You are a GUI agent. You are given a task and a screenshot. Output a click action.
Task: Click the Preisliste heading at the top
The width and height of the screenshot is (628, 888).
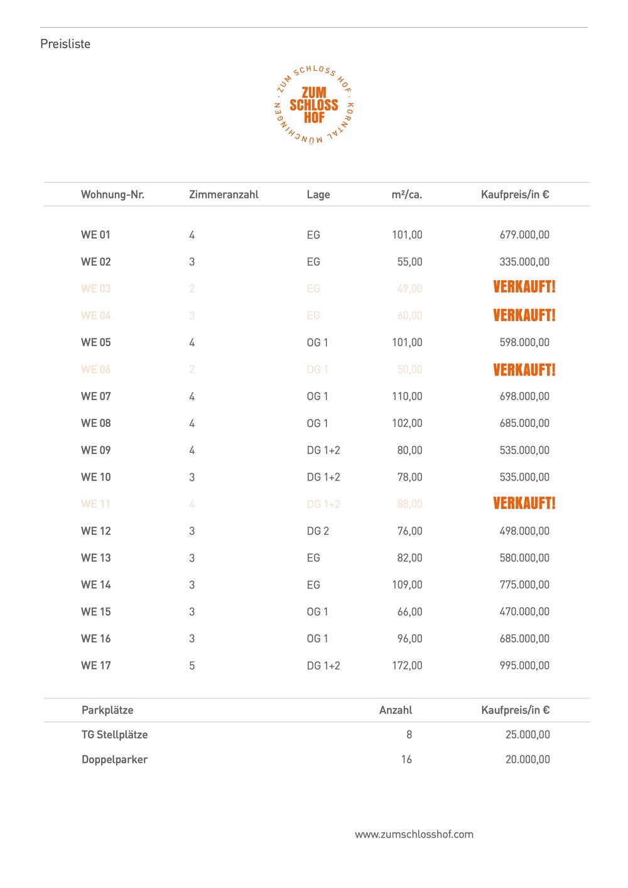[x=65, y=44]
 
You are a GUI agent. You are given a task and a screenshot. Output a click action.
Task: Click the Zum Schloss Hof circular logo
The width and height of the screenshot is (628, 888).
[x=314, y=105]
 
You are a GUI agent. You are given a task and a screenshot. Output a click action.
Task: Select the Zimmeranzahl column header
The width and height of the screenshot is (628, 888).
[x=224, y=195]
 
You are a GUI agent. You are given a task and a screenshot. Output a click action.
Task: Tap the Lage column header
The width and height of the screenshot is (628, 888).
[x=318, y=195]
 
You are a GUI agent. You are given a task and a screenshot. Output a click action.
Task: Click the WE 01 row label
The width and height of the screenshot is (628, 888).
[x=95, y=235]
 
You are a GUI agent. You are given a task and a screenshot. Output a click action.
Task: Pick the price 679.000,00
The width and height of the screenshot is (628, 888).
[x=524, y=235]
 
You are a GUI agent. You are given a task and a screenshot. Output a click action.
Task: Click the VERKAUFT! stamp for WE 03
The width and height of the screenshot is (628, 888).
[x=524, y=288]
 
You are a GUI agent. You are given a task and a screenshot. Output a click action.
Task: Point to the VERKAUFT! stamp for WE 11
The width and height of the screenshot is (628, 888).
[x=524, y=503]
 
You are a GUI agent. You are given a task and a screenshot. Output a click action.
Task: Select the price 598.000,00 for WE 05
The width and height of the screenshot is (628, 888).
[x=524, y=342]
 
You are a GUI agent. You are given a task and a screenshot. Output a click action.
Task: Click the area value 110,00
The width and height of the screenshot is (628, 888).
[x=407, y=396]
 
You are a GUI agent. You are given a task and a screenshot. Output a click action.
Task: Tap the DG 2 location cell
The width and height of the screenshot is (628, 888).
[x=318, y=531]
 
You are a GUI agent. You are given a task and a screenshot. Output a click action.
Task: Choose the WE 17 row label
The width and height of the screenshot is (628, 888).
[x=95, y=666]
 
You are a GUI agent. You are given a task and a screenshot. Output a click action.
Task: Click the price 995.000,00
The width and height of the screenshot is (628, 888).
[x=524, y=666]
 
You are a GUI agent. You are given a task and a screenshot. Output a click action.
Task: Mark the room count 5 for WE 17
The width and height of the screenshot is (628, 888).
[x=192, y=666]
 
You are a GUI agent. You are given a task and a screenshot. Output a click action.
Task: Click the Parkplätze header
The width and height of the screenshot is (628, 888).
[x=107, y=710]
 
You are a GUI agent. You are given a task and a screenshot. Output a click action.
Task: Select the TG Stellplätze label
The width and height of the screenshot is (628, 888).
[x=114, y=735]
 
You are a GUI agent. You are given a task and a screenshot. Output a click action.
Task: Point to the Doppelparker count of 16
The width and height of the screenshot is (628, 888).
[x=406, y=760]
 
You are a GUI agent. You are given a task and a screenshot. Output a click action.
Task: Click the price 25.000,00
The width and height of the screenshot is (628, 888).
[x=528, y=735]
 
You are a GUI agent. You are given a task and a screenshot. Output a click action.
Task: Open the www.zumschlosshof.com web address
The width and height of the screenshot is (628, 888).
[x=414, y=835]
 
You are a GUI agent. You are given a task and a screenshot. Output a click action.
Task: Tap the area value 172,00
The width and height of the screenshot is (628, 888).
[x=407, y=666]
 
